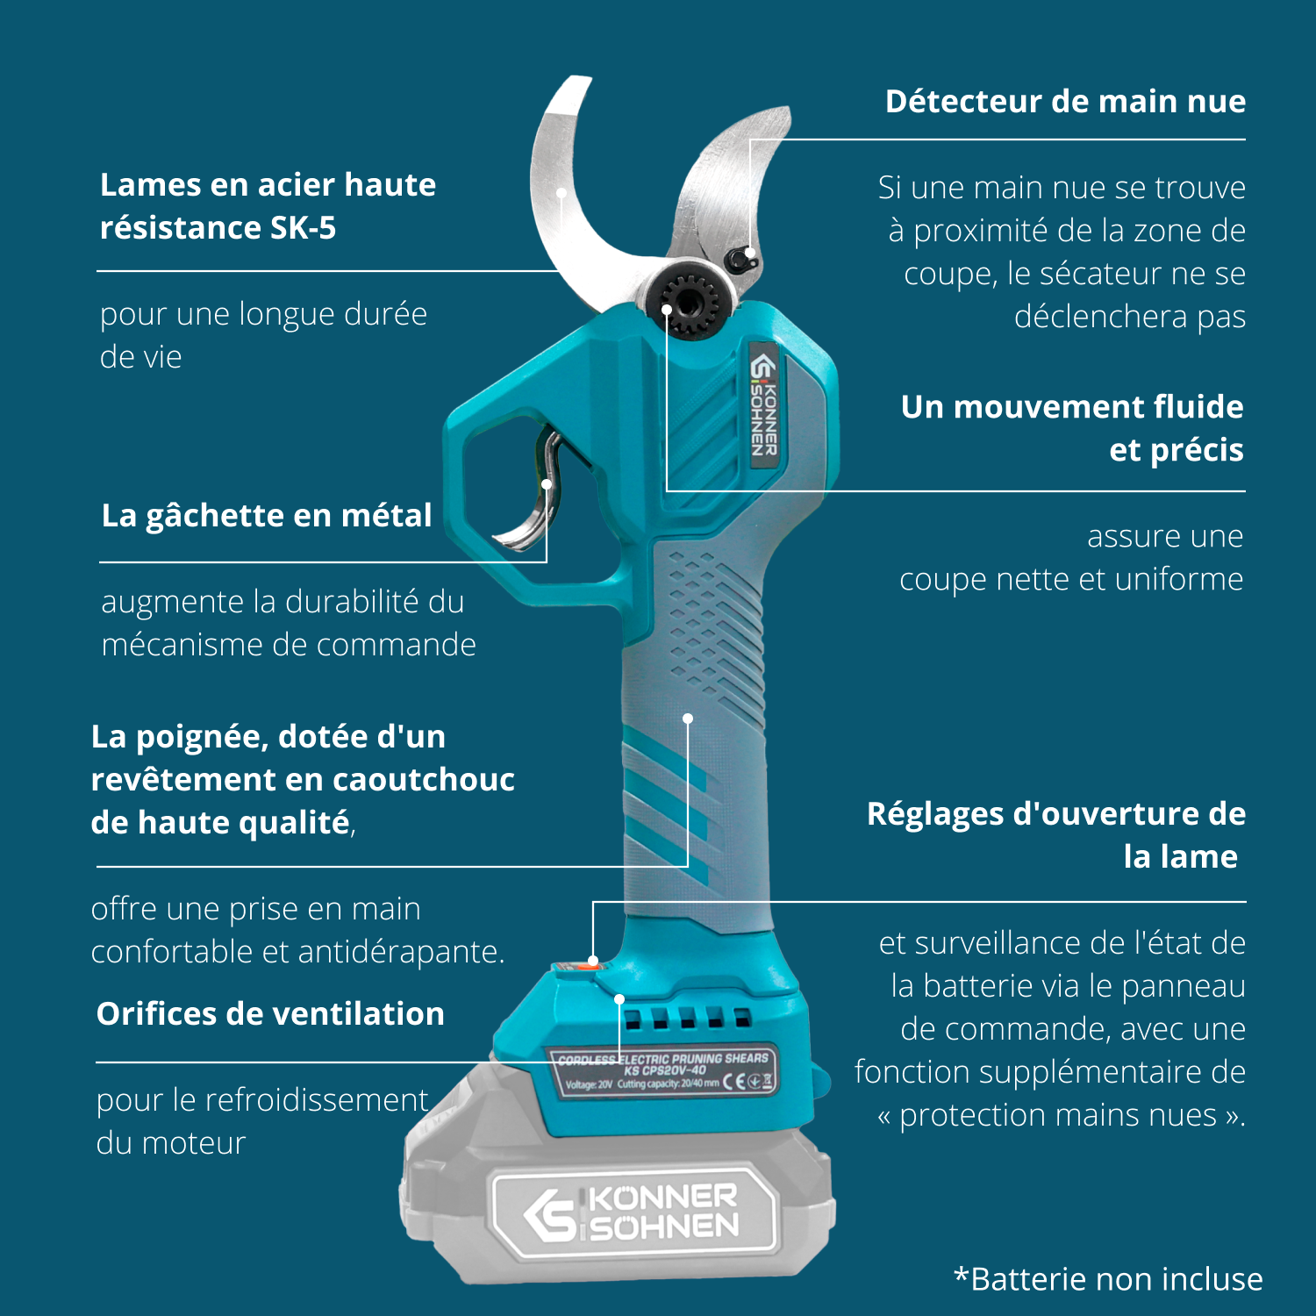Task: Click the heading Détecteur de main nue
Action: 1065,102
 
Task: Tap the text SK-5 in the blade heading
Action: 303,228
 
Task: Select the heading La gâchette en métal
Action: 267,516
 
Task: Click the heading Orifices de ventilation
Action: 270,1014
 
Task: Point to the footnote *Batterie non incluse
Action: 1108,1279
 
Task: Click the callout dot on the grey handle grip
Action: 688,719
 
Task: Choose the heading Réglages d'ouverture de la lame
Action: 1056,835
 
